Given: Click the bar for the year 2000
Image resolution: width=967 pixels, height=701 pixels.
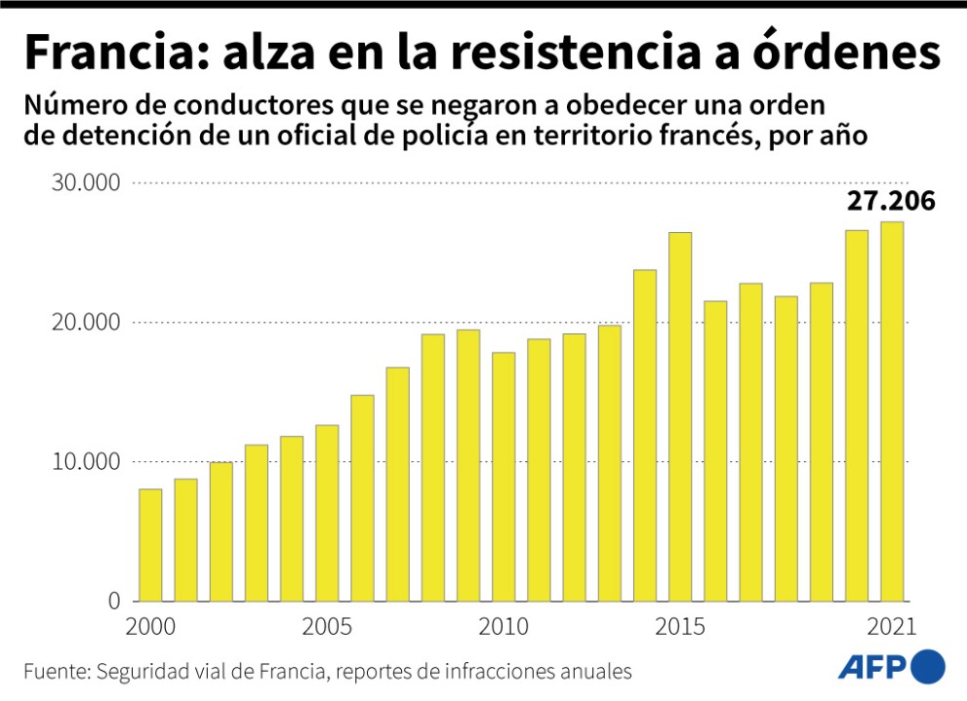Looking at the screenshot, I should [150, 545].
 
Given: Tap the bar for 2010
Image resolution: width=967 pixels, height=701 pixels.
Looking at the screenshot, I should [504, 477].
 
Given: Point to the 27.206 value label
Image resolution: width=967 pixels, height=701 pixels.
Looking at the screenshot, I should [890, 201].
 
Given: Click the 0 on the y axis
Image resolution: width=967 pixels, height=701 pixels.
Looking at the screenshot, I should [112, 602].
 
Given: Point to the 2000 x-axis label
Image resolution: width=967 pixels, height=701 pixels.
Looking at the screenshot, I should [150, 626].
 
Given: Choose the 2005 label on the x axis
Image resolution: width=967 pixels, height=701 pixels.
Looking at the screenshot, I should [327, 626].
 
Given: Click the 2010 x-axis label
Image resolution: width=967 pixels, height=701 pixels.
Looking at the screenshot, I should [504, 626].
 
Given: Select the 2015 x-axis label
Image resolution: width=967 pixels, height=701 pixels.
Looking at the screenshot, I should [680, 626].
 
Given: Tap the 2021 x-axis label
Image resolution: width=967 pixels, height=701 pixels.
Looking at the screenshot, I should [892, 626].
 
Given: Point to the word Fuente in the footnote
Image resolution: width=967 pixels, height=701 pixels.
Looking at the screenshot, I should [54, 672].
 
